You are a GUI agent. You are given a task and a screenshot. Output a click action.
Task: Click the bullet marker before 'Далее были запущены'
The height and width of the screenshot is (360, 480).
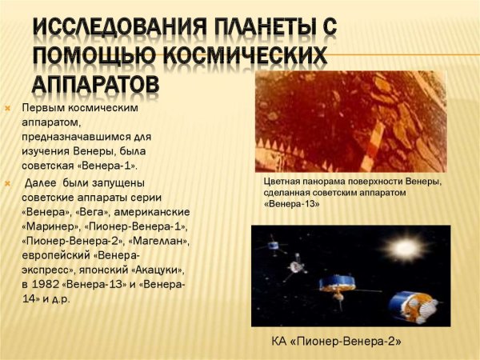click(x=8, y=182)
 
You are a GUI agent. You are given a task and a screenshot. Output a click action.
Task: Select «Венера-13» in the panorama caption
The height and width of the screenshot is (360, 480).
click(x=292, y=204)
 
